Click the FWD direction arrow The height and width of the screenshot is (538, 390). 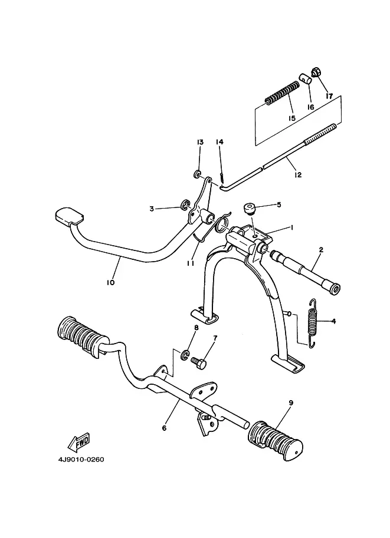pos(80,442)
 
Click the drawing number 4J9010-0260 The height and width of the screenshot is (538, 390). pos(81,460)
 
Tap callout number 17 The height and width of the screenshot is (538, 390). pos(329,96)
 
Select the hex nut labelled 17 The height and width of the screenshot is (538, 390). pos(316,72)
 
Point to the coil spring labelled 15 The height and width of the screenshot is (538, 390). pos(282,92)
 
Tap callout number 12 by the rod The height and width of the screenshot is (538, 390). pos(298,175)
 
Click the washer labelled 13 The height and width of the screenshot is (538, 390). pos(198,174)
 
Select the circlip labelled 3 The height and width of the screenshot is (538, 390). pos(185,205)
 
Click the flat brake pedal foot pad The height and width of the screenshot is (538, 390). pos(69,216)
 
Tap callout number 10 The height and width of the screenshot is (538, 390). pos(110,283)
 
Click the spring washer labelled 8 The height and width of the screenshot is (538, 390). pos(185,354)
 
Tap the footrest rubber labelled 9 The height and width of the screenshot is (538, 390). pos(276,439)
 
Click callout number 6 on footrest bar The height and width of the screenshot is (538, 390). pos(164,428)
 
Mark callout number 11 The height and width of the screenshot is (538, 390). pos(191,263)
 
